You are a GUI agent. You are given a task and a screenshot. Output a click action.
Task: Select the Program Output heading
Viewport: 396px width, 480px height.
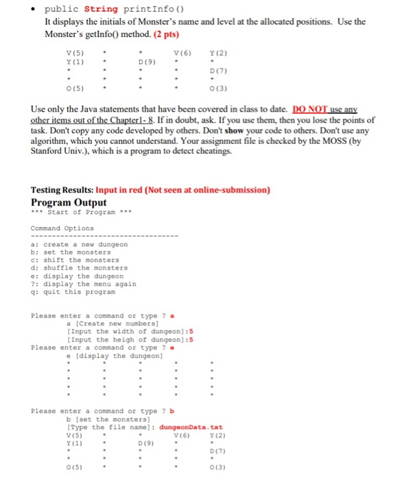[x=69, y=202]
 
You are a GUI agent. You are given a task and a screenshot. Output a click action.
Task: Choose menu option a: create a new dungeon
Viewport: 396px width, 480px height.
[x=79, y=245]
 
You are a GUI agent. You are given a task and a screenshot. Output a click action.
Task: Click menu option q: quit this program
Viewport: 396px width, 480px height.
[x=73, y=291]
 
